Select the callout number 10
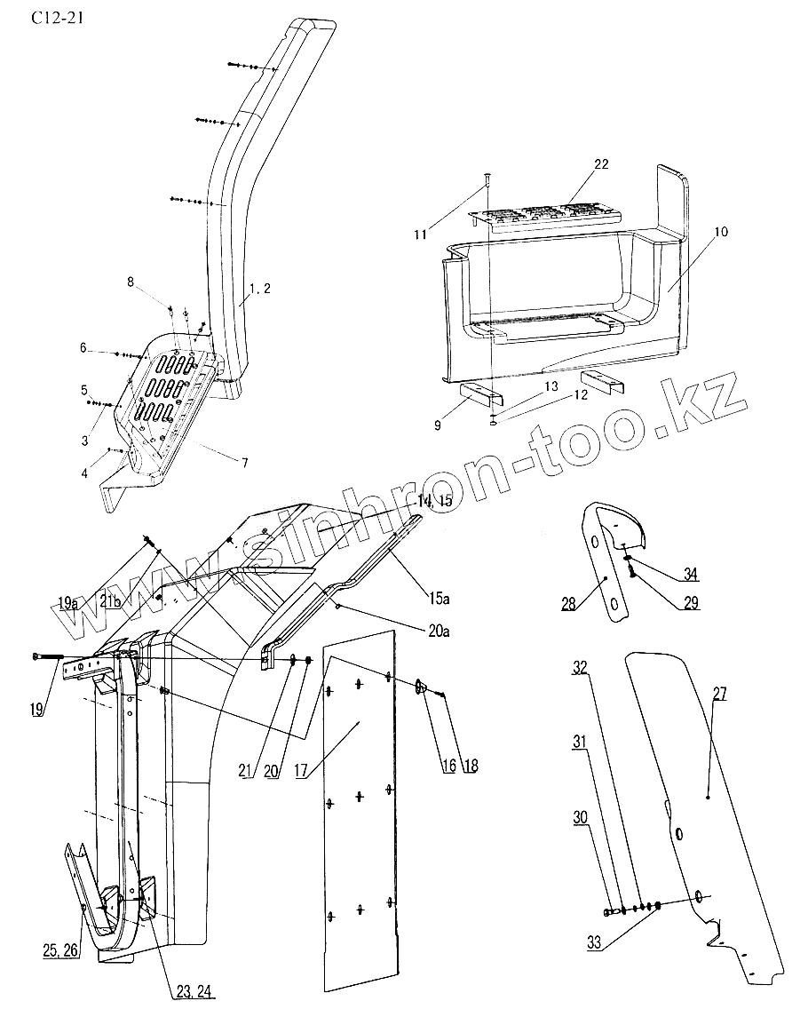719,232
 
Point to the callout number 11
420,234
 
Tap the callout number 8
131,282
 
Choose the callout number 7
246,463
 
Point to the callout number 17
303,771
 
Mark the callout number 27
718,695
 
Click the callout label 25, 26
60,951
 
